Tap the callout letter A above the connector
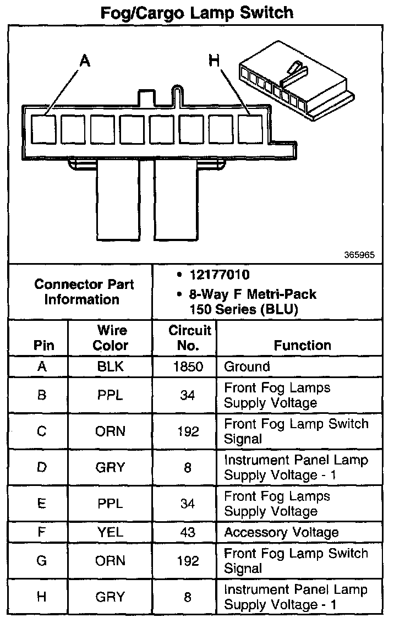pos(84,61)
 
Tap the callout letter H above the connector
pos(214,61)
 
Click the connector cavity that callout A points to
pos(43,129)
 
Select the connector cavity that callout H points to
pos(250,129)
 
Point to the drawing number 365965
pos(359,255)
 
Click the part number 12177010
pos(218,275)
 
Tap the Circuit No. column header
pos(189,338)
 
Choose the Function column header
pos(302,345)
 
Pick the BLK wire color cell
pos(110,367)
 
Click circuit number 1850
pos(188,367)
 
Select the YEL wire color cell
pos(110,532)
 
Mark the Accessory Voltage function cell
pos(281,532)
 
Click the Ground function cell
pos(247,367)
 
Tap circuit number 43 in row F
pos(188,532)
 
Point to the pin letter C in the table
pos(42,431)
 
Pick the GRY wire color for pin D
pos(110,468)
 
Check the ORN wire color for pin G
pos(110,561)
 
